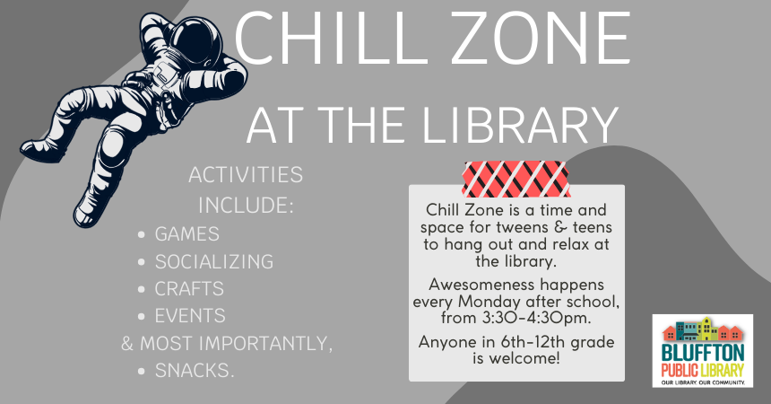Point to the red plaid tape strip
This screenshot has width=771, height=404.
point(516,179)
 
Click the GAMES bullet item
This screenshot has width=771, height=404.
point(186,234)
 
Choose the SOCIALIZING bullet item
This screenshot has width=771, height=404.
point(213,262)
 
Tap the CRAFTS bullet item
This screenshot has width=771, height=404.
point(189,289)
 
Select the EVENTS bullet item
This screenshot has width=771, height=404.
point(190,316)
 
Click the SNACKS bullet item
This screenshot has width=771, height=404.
point(195,370)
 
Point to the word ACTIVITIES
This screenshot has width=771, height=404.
point(246,174)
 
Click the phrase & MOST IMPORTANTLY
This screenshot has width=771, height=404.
point(227,343)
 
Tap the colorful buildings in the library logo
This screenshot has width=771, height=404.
point(703,329)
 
